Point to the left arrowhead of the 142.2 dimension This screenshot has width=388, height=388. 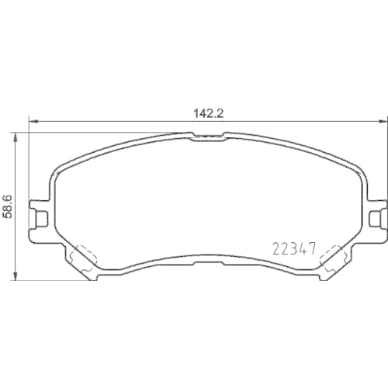click(32, 120)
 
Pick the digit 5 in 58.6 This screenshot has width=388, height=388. click(9, 215)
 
